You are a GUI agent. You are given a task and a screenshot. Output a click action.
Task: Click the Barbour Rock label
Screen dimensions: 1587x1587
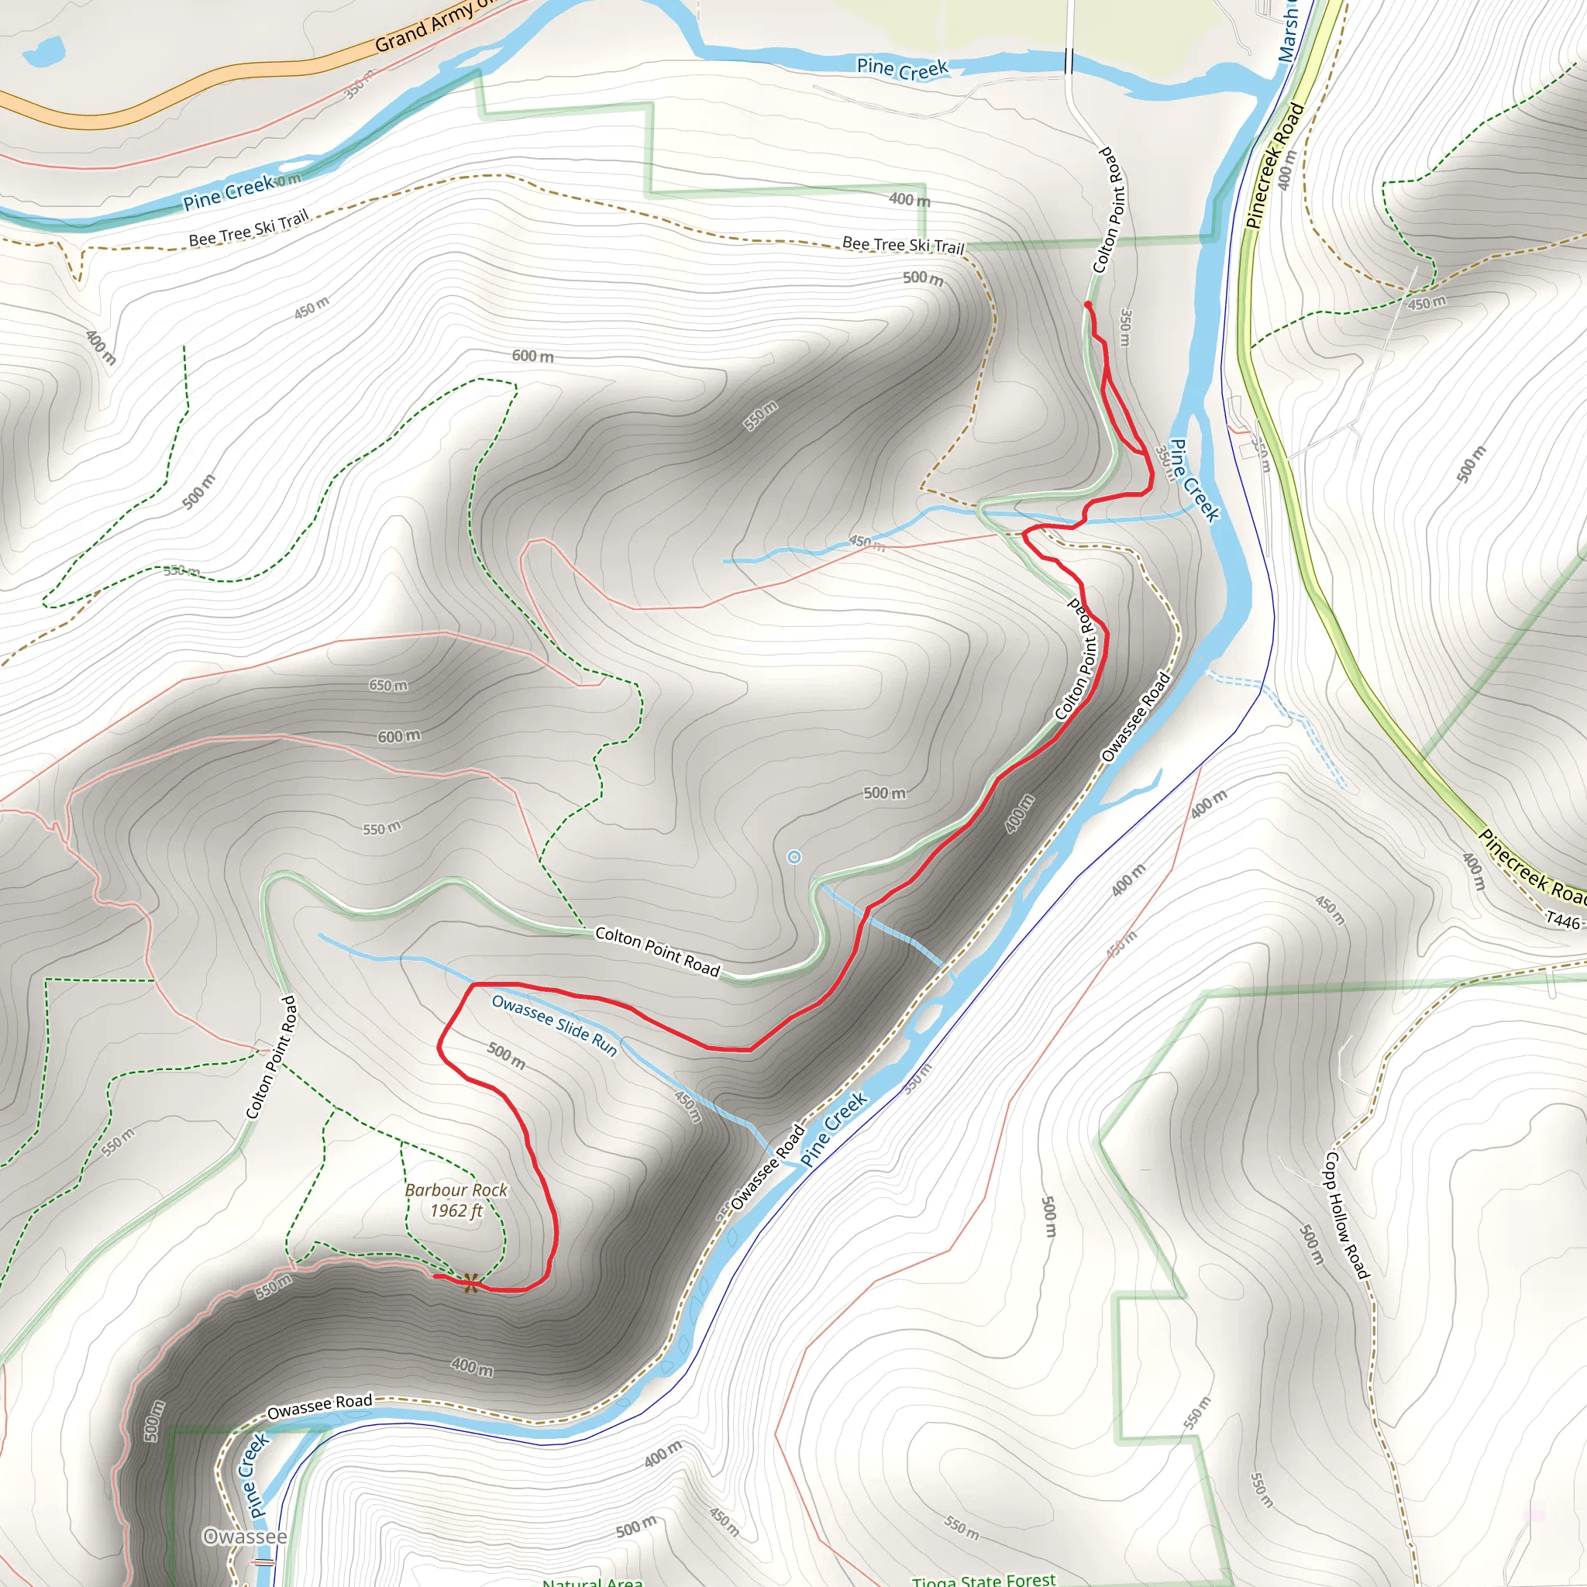coord(456,1189)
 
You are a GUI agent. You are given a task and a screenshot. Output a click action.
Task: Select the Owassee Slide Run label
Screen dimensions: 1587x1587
coord(555,1024)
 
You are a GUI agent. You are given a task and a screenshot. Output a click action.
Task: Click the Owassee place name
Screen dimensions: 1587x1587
coord(244,1536)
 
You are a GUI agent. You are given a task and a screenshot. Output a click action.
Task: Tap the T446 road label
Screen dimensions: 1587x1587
coord(1562,921)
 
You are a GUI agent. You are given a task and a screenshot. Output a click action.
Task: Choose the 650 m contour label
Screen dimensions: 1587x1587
coord(387,685)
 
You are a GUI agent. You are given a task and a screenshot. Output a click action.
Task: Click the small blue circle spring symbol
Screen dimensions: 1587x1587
coord(793,858)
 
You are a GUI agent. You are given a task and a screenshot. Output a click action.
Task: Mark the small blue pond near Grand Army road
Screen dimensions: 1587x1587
coord(43,52)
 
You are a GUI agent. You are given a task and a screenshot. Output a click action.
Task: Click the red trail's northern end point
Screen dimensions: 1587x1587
coord(1087,305)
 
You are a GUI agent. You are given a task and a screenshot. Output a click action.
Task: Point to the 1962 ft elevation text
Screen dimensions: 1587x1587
coord(456,1211)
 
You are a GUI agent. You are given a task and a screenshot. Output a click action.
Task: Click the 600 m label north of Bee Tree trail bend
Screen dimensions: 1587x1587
coord(532,356)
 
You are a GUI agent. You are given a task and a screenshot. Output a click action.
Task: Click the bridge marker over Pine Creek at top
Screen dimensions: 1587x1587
coord(1069,60)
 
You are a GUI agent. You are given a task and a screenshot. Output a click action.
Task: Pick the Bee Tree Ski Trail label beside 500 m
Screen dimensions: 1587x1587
coord(903,244)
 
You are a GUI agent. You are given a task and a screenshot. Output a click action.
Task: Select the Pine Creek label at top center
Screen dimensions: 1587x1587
coord(902,69)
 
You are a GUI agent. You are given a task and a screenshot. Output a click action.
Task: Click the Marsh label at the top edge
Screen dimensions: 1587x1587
coord(1287,33)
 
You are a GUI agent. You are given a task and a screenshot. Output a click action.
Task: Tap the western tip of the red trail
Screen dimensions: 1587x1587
coord(435,1275)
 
